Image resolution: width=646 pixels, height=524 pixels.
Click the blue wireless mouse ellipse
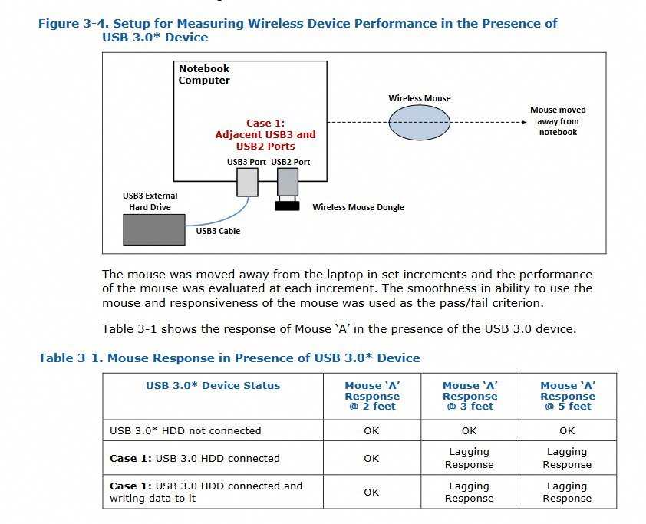[x=418, y=122]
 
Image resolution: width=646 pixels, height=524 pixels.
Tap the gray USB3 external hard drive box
[x=154, y=229]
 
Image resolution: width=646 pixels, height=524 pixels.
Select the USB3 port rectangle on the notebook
[x=246, y=183]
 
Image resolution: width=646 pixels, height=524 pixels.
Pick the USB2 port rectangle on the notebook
[x=287, y=183]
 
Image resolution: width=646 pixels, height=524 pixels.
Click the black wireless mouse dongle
[x=288, y=206]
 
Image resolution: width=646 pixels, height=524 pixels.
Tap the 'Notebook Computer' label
[x=204, y=74]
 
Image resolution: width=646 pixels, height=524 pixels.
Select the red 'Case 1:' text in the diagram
[x=265, y=123]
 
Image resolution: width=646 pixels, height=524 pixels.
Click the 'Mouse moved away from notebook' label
[x=558, y=121]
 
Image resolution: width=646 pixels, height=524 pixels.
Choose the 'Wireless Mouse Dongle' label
[x=358, y=207]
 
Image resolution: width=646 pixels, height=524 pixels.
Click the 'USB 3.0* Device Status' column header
[x=213, y=386]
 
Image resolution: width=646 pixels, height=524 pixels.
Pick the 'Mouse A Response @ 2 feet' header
[x=372, y=396]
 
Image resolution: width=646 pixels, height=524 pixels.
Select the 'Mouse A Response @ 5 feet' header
[x=568, y=396]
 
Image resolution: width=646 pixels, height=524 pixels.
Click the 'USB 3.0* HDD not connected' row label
[x=186, y=430]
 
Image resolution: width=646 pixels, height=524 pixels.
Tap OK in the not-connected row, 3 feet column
[x=470, y=430]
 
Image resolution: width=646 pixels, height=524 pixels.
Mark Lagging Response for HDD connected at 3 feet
[x=470, y=458]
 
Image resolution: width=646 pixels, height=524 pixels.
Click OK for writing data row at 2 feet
[x=372, y=492]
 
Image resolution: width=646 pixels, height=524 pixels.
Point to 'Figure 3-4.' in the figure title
[x=69, y=24]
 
